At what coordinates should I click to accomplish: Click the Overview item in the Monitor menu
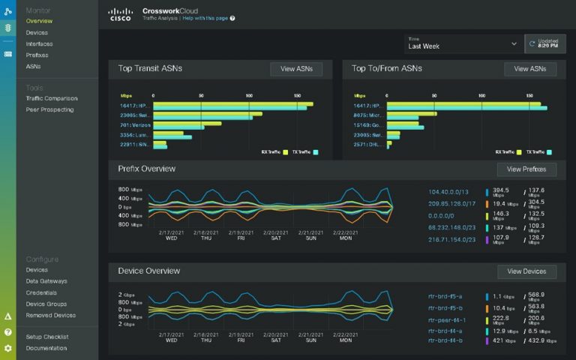click(38, 21)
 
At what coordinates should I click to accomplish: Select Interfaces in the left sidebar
click(39, 43)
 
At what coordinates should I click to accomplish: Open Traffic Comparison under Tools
click(51, 98)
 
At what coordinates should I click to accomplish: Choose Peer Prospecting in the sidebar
click(49, 109)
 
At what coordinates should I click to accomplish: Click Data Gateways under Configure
click(46, 281)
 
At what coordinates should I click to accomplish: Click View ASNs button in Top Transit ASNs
click(296, 69)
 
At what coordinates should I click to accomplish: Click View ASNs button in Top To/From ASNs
click(530, 69)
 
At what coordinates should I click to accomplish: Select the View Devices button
click(526, 271)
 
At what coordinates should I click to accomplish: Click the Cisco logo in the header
click(121, 13)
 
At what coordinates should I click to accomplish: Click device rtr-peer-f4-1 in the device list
click(446, 318)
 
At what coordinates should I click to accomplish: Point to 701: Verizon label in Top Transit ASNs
click(136, 124)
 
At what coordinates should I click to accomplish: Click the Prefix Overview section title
click(147, 169)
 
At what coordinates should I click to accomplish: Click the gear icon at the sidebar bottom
click(7, 348)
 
